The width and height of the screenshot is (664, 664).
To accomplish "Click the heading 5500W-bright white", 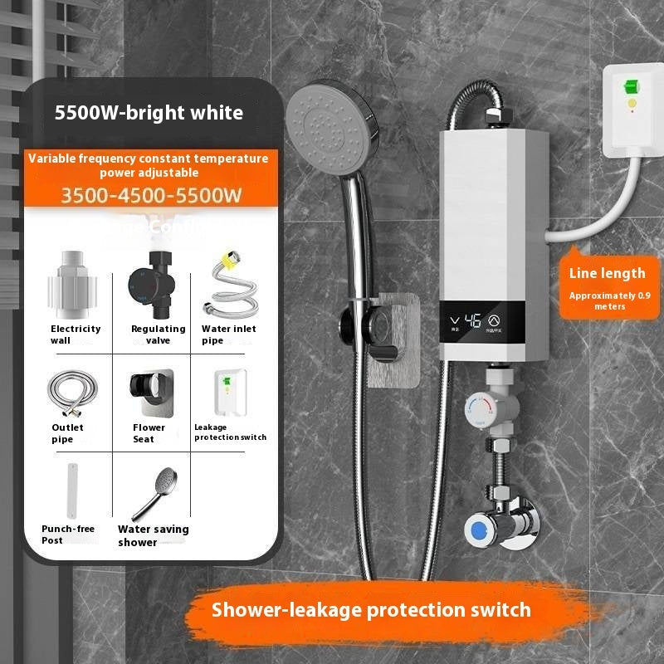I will pos(149,113).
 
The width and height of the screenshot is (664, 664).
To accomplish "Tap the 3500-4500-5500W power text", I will pos(151,197).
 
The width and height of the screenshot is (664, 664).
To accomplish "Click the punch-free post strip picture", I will pos(74,490).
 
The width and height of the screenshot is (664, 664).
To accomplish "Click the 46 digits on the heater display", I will pos(475,320).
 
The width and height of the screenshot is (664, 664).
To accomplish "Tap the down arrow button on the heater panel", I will pos(454,320).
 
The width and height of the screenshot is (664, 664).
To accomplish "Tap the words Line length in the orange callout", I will pos(607,273).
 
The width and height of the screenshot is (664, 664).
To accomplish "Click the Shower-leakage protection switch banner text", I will pos(371,610).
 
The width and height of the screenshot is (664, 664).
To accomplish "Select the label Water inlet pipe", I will pos(228,334).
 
